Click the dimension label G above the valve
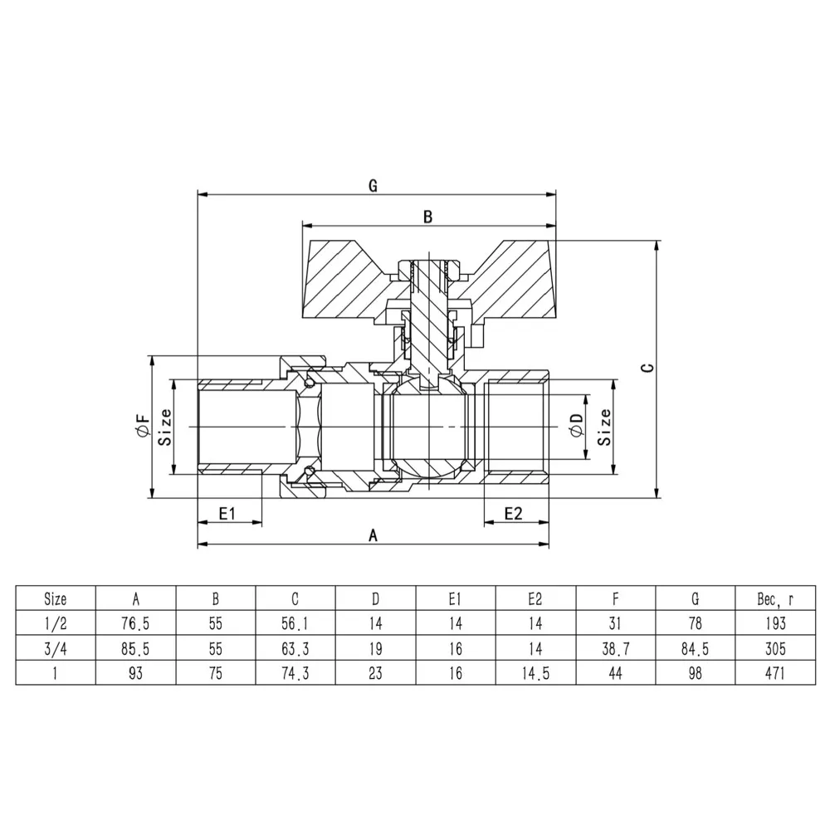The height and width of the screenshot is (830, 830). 373,186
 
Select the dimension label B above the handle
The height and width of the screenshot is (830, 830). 427,217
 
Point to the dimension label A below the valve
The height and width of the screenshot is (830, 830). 373,535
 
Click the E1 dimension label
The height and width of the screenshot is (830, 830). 227,514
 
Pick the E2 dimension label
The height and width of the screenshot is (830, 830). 513,514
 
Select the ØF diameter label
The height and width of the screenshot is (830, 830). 144,426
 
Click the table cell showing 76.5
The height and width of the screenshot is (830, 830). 135,623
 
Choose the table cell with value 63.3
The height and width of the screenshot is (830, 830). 295,648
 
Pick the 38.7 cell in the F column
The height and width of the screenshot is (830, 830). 616,648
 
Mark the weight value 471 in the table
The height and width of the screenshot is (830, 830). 775,673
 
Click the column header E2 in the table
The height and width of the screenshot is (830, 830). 535,598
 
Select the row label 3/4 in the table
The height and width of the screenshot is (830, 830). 56,648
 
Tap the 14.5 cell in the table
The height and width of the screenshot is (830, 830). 535,673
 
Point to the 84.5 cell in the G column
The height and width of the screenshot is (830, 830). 695,648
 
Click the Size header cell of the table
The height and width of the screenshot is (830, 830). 56,598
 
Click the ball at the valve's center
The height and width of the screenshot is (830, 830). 429,426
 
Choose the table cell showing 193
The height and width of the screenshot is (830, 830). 775,623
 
